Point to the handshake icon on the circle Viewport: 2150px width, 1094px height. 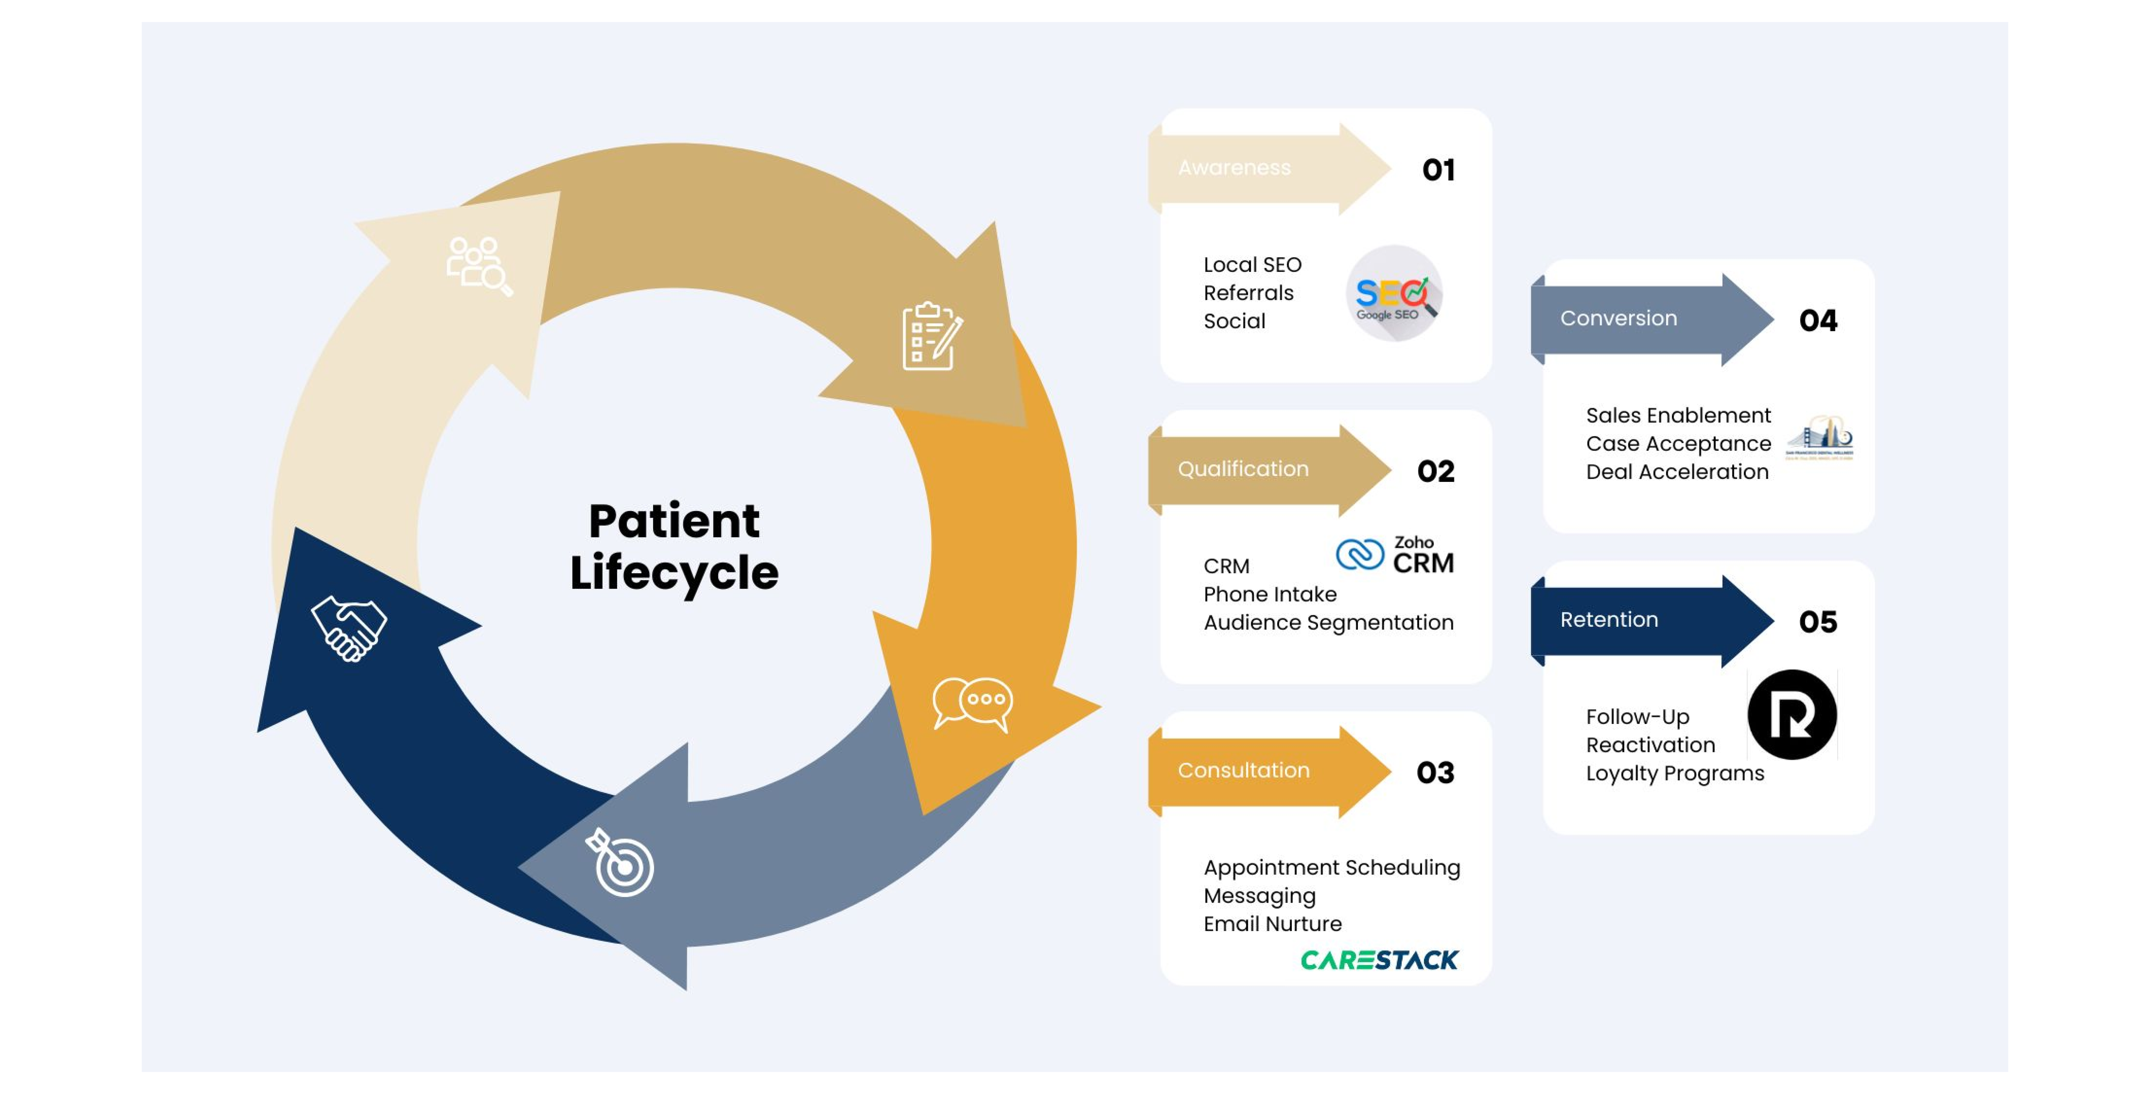[x=349, y=628]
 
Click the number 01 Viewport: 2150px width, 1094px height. [x=1438, y=170]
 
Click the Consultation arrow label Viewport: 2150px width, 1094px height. [x=1243, y=770]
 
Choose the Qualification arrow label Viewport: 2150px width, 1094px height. [x=1243, y=469]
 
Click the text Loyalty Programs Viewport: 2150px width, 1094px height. [x=1674, y=774]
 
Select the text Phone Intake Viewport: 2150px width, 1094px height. [x=1269, y=594]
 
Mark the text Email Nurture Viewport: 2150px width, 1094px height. [x=1272, y=924]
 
